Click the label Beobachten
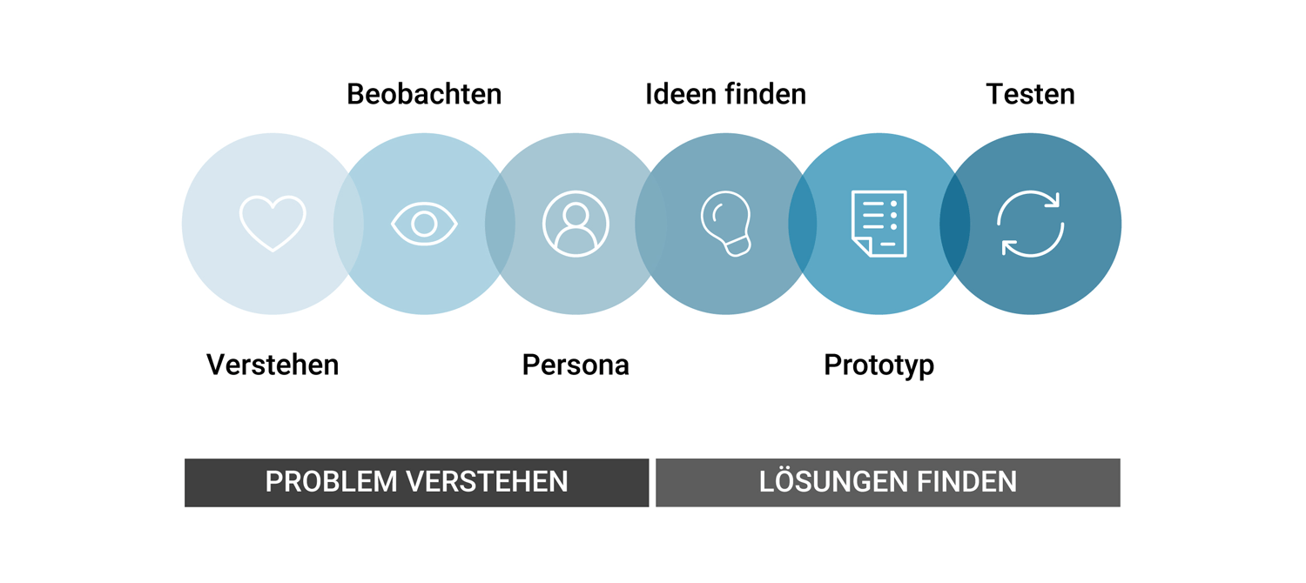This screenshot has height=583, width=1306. tap(424, 94)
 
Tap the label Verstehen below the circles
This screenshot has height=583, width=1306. tap(273, 365)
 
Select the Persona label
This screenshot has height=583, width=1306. tap(576, 365)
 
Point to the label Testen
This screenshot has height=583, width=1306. tap(1030, 94)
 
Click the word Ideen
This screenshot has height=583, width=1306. tap(679, 94)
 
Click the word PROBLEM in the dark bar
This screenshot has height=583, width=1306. tap(331, 482)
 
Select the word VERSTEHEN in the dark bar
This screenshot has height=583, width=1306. tap(487, 482)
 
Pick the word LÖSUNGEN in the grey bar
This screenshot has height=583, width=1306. tap(831, 481)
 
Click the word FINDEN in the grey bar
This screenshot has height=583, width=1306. tap(966, 482)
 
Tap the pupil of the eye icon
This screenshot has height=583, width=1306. tap(424, 224)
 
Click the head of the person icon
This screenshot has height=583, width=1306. tap(576, 214)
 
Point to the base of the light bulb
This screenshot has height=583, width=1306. tap(737, 245)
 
